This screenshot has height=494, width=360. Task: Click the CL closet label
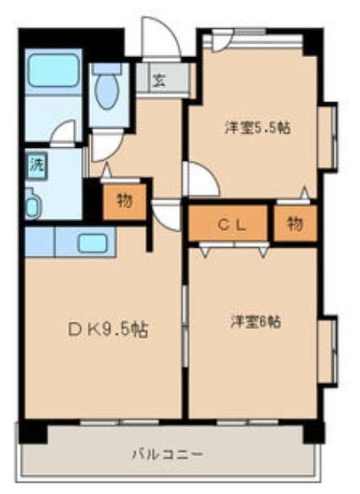(230, 223)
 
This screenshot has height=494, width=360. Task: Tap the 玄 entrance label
(159, 79)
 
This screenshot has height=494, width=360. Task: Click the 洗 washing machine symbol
(35, 163)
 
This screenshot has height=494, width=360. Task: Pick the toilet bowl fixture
(108, 90)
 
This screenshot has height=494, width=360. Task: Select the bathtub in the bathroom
(53, 72)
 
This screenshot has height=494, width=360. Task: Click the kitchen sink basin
(92, 243)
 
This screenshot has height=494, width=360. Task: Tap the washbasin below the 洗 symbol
(33, 204)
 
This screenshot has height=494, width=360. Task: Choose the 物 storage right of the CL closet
(294, 223)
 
